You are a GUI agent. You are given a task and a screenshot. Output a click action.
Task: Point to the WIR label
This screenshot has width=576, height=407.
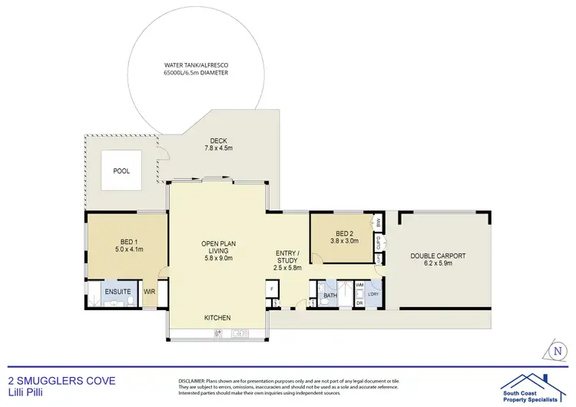[151, 292]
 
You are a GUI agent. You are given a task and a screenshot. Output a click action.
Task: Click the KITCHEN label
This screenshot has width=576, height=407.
[217, 318]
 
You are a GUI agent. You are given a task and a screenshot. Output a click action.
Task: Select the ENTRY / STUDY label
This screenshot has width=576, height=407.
[288, 259]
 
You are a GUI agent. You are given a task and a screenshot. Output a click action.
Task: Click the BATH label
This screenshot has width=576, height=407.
[330, 295]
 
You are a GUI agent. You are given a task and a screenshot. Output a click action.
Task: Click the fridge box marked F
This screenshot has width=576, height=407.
[271, 290]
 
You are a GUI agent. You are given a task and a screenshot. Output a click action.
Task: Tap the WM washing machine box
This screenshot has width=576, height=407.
[359, 286]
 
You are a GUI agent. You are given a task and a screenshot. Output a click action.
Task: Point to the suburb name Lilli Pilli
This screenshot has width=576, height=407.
[22, 392]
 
